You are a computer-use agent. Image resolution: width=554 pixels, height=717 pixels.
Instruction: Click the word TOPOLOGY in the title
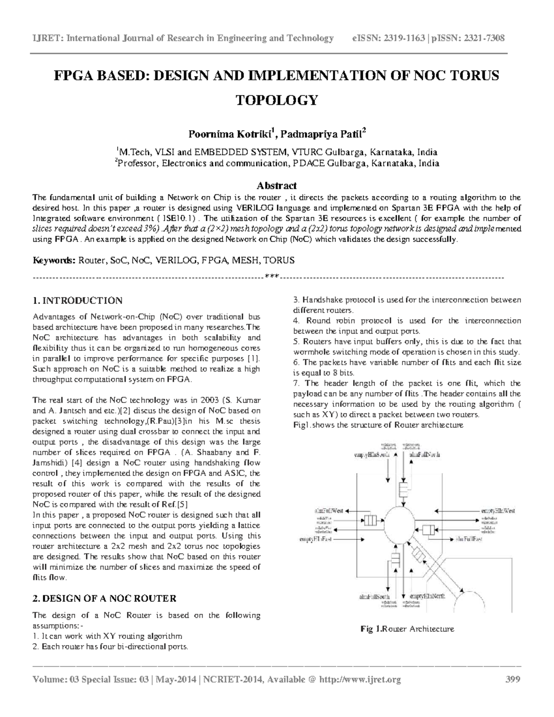pyautogui.click(x=277, y=100)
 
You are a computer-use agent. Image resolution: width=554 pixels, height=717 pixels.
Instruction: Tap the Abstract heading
pyautogui.click(x=277, y=186)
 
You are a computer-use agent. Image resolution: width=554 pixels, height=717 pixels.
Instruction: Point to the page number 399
pyautogui.click(x=512, y=679)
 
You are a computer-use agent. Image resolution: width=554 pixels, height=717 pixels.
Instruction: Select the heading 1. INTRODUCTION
pyautogui.click(x=78, y=301)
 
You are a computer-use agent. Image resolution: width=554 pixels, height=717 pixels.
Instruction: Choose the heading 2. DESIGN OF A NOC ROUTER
pyautogui.click(x=104, y=599)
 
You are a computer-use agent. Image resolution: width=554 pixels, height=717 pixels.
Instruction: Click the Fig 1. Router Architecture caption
pyautogui.click(x=408, y=629)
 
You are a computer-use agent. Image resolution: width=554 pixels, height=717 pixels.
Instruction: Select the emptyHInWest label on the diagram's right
pyautogui.click(x=495, y=511)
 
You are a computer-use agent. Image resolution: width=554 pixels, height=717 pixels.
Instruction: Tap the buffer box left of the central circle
pyautogui.click(x=370, y=521)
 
